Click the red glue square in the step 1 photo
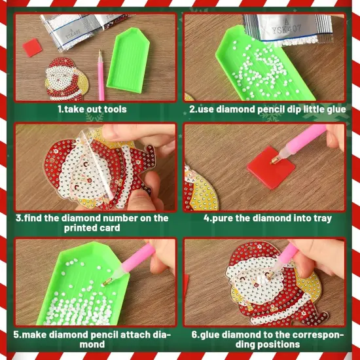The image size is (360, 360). (31, 47)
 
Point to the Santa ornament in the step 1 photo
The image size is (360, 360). (64, 82)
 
